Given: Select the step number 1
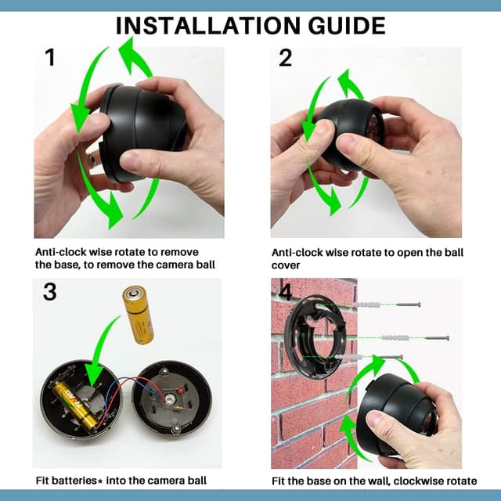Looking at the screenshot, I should pyautogui.click(x=49, y=59).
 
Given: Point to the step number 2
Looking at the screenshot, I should pyautogui.click(x=285, y=59).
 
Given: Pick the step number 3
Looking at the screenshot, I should pyautogui.click(x=49, y=292).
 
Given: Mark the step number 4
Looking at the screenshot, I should pyautogui.click(x=285, y=292).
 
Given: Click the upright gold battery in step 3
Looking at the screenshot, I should pyautogui.click(x=138, y=314).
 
